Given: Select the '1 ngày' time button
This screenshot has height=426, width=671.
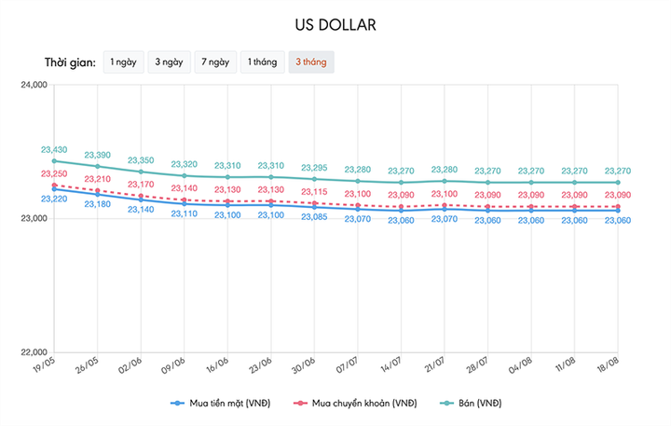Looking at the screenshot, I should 123,62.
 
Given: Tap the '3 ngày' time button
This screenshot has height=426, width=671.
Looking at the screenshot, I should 169,62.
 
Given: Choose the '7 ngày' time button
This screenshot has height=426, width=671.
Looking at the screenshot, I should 214,62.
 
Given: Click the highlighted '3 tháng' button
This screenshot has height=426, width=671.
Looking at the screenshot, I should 310,62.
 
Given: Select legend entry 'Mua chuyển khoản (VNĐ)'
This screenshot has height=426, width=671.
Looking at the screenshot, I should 357,403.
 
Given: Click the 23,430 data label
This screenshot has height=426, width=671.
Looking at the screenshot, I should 54,150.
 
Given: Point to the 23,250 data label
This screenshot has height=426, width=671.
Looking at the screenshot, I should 54,174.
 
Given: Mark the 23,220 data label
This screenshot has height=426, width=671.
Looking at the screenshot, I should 54,199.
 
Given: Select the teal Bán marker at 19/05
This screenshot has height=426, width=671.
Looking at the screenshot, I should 54,161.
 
